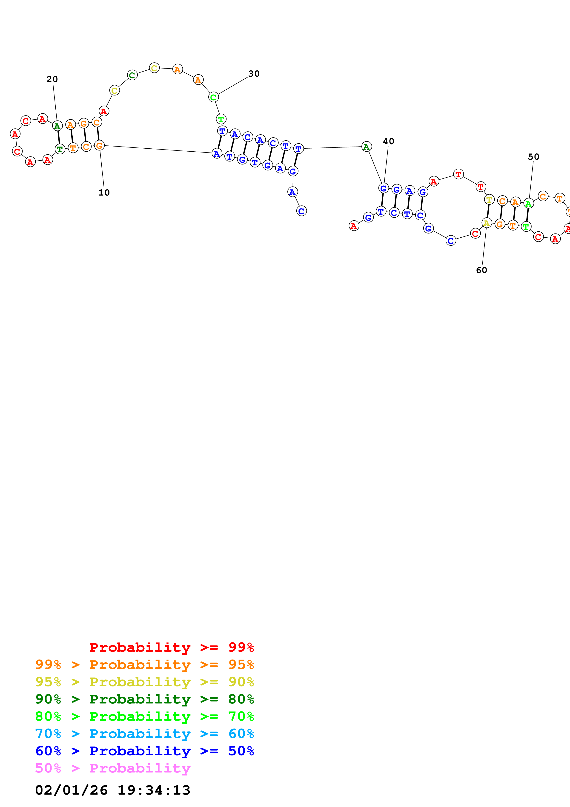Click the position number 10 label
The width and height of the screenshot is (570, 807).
point(104,193)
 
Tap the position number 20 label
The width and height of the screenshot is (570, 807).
point(52,79)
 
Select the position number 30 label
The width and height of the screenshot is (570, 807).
point(254,74)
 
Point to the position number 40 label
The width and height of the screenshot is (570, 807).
point(388,141)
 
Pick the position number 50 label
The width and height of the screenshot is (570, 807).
point(533,157)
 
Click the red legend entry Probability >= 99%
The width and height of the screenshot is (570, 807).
point(171,647)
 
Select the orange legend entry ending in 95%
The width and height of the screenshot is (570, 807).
point(144,665)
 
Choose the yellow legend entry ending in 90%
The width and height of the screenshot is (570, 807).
point(144,682)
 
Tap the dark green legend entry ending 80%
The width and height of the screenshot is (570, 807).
point(144,699)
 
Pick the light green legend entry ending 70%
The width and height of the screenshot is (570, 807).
point(144,716)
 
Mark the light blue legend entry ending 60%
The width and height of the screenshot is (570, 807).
point(144,734)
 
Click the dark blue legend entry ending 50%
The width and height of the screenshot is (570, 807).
point(144,751)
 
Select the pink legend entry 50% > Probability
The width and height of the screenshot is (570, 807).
point(112,768)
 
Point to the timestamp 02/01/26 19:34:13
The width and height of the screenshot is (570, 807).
point(112,790)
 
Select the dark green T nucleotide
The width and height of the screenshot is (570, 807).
point(60,149)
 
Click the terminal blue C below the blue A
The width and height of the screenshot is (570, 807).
point(301,211)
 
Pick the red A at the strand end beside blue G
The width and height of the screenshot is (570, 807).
point(354,226)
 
